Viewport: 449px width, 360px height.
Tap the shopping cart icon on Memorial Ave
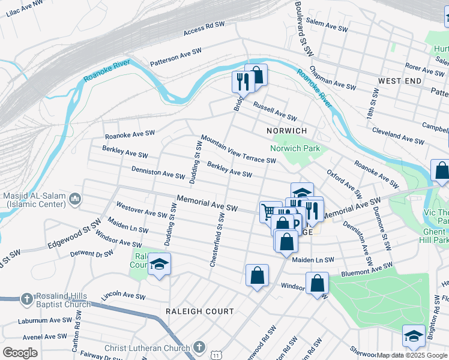pos(270,211)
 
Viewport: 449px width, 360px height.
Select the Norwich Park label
pos(295,148)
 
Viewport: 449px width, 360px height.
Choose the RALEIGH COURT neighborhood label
pos(200,311)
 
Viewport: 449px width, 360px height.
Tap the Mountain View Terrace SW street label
pos(238,149)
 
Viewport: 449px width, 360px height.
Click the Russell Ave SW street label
pos(274,110)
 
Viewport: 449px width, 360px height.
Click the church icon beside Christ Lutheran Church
pos(200,347)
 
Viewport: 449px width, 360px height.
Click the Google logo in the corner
pos(20,352)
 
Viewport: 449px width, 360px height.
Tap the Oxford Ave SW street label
pos(344,184)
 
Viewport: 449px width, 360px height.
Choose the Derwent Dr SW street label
pos(91,253)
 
